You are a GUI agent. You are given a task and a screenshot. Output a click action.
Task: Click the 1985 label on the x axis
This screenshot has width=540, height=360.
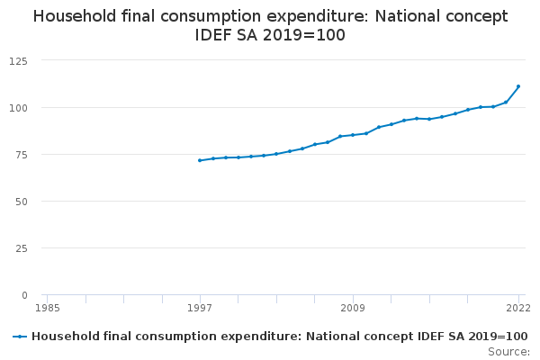tap(48, 308)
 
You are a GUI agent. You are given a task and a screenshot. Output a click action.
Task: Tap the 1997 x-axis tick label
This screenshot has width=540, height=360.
tap(200, 308)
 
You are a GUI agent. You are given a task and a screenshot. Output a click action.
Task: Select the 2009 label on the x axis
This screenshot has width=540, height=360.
tap(353, 308)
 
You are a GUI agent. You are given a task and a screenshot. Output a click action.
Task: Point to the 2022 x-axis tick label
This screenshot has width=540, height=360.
tap(517, 308)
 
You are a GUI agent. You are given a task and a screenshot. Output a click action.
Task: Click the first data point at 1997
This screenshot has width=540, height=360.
tap(200, 160)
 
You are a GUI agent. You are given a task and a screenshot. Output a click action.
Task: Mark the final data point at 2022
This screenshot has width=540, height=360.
tap(518, 86)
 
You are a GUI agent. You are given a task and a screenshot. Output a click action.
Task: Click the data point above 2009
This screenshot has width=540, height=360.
tap(353, 135)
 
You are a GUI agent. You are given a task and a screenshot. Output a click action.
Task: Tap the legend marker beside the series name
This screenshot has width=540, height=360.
tap(19, 337)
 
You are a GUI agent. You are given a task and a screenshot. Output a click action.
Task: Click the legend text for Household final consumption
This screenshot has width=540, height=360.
tap(279, 337)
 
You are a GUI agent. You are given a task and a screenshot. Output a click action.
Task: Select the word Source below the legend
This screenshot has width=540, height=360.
tap(508, 351)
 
